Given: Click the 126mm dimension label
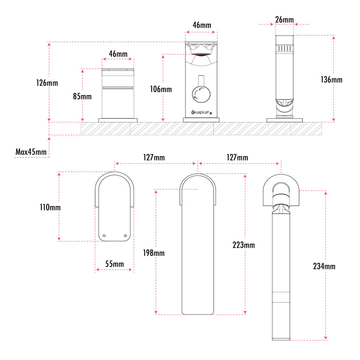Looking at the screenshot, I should pos(47,83).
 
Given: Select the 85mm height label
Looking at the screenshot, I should pos(82,96).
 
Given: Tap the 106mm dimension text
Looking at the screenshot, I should pos(161,89).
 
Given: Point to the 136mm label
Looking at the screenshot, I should pos(331,79).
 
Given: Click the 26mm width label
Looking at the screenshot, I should pos(284,20).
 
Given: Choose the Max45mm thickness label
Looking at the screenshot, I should pos(31,152).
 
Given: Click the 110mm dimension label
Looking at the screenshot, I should pos(50,207).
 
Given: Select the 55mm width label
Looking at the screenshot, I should pos(114,264).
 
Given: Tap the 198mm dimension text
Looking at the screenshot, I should pos(154,253).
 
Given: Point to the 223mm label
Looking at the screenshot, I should pos(244,245).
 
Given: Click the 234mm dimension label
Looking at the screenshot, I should pos(324,266).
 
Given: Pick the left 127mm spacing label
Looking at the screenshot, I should pos(154,157).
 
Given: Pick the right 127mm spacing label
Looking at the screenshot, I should pos(237,157).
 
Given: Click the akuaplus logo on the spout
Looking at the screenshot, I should pos(200,112).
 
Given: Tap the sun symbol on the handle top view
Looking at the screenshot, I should pos(104,236).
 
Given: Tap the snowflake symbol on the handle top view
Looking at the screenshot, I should pos(125,236).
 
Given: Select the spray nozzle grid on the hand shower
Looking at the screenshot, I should pos(284,48).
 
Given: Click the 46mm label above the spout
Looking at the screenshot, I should pos(202,25).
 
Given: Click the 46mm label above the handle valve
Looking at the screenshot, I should pos(118,54).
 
